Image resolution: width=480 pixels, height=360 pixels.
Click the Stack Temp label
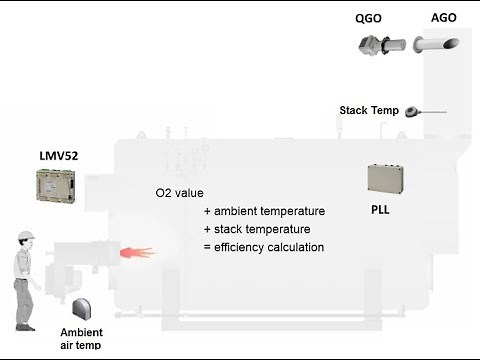point(368,110)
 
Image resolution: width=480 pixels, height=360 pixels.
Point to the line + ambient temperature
point(264,212)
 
